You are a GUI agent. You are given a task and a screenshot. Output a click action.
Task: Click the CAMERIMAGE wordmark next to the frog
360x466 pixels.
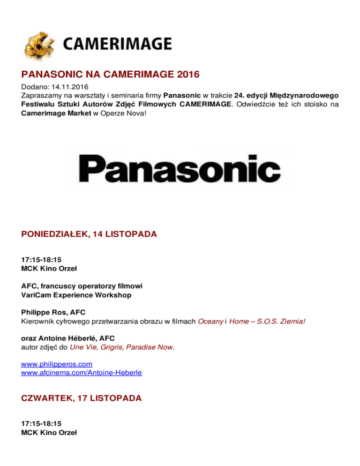[x=117, y=45]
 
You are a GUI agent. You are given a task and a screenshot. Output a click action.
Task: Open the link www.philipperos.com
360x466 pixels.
[x=57, y=364]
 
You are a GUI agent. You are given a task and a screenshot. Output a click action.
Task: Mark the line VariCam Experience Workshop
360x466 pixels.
[x=76, y=295]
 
